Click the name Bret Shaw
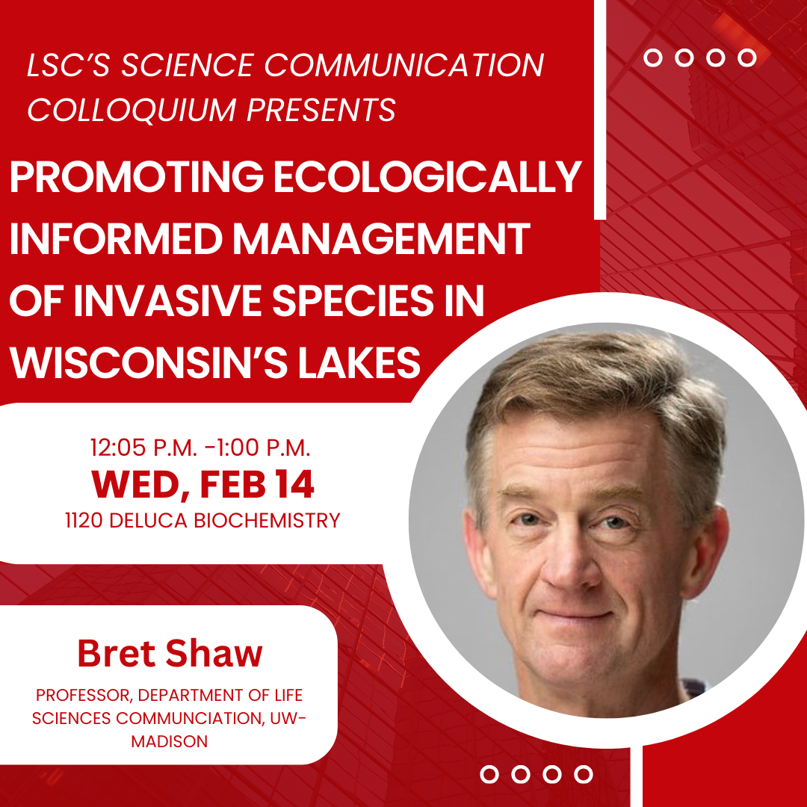click(170, 654)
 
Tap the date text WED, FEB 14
click(202, 484)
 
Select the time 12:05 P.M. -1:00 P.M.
click(200, 448)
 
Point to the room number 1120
click(85, 520)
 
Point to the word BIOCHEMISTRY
click(267, 520)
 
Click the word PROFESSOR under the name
click(84, 695)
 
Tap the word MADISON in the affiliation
click(170, 741)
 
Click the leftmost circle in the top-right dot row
click(653, 58)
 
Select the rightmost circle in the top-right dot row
click(746, 58)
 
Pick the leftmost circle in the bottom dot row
click(490, 774)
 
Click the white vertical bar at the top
click(599, 108)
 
